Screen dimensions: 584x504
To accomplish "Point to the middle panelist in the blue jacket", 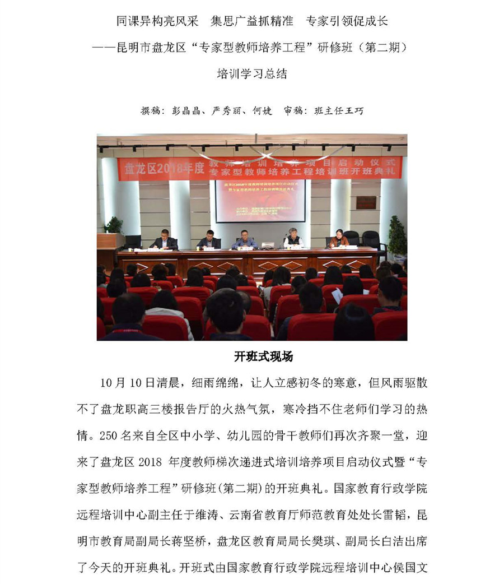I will click(245, 240).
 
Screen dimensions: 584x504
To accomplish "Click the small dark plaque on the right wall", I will click(366, 202).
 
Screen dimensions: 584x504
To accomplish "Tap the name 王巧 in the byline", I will click(356, 111).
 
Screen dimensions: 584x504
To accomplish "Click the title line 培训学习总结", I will click(251, 73).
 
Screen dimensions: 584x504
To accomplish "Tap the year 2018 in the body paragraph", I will click(148, 461).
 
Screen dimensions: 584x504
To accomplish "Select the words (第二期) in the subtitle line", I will click(382, 47).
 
